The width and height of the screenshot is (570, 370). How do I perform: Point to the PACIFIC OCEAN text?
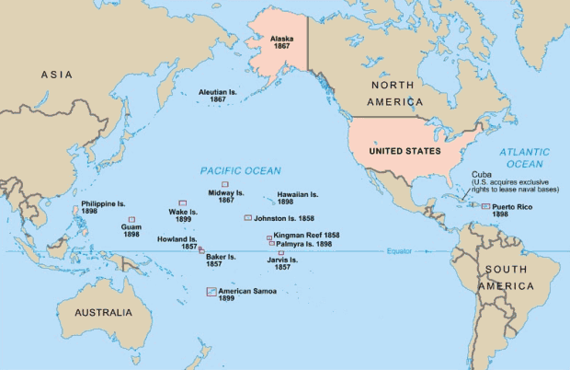242,171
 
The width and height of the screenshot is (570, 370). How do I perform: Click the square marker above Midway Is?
225,184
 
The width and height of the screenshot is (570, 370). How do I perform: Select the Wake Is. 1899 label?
183,215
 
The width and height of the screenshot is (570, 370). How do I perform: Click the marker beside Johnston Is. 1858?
247,218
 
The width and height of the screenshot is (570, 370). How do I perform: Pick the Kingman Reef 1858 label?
306,236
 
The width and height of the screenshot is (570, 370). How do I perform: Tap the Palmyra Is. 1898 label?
305,245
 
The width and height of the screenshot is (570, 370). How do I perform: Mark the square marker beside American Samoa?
211,292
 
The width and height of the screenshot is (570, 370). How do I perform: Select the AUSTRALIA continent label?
103,312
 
